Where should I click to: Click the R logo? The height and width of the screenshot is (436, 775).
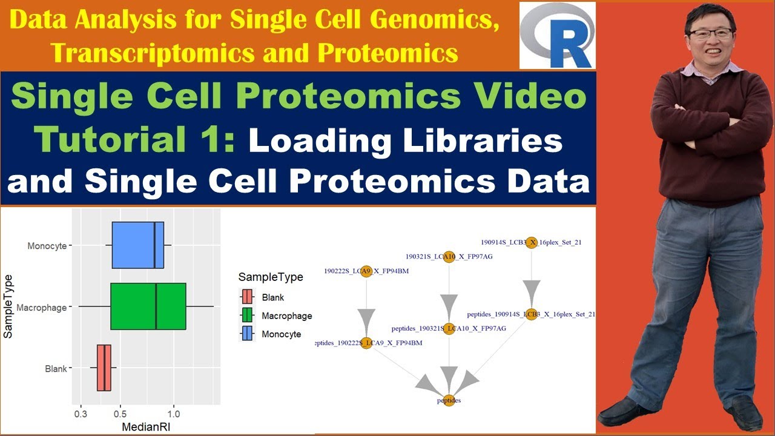tap(558, 35)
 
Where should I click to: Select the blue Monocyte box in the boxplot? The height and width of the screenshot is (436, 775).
tap(137, 245)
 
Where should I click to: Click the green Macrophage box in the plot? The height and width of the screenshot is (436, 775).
tap(148, 306)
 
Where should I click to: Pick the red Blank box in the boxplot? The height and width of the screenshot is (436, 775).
tap(104, 368)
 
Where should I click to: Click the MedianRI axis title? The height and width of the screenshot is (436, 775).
tap(145, 427)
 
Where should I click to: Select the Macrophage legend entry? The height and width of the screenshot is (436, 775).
tap(286, 315)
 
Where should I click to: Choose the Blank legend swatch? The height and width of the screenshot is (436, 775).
tap(247, 297)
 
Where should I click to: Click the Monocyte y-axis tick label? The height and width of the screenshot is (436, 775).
tap(47, 246)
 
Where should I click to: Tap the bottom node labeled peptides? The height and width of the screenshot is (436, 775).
tap(449, 400)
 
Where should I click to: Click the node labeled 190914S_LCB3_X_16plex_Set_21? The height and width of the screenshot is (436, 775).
tap(531, 242)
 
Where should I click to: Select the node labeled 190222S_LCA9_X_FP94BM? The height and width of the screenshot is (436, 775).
tap(366, 271)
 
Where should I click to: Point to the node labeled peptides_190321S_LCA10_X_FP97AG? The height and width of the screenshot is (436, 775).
tap(449, 328)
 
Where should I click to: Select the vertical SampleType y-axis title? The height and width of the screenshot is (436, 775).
tap(9, 306)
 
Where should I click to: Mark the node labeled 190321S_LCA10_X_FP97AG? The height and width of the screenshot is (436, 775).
tap(449, 257)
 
